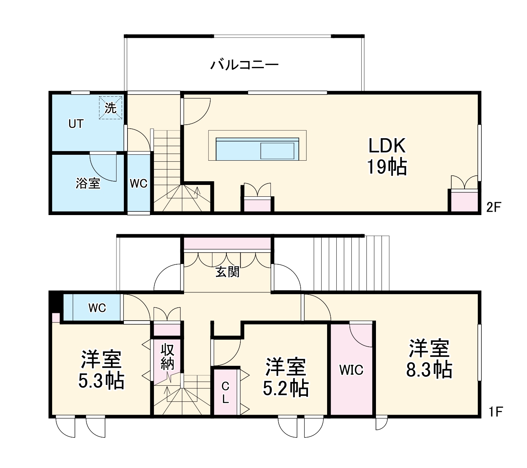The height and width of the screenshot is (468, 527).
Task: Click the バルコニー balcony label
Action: (244, 65)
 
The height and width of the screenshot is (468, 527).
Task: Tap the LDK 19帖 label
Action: (387, 156)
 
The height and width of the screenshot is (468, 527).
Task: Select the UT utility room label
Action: (76, 124)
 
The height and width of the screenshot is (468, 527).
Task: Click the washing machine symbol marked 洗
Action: (110, 108)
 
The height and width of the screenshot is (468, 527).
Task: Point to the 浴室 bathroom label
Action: (88, 183)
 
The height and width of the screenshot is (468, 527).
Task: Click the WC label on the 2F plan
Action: (139, 183)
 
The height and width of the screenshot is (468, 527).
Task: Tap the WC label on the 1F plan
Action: (97, 308)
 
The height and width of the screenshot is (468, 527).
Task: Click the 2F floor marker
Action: (494, 208)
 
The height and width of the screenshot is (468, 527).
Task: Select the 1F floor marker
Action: (495, 412)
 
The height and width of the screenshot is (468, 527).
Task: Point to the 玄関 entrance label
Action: (227, 272)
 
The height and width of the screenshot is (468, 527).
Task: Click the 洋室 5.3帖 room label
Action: (101, 370)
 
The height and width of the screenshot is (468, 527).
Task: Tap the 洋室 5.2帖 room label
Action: (286, 376)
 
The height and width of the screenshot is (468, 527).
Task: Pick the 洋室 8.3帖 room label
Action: (429, 359)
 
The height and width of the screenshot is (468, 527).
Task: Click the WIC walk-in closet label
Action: (351, 370)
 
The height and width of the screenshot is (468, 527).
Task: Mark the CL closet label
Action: (225, 393)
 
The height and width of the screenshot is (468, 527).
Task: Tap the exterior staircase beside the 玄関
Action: (351, 263)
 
